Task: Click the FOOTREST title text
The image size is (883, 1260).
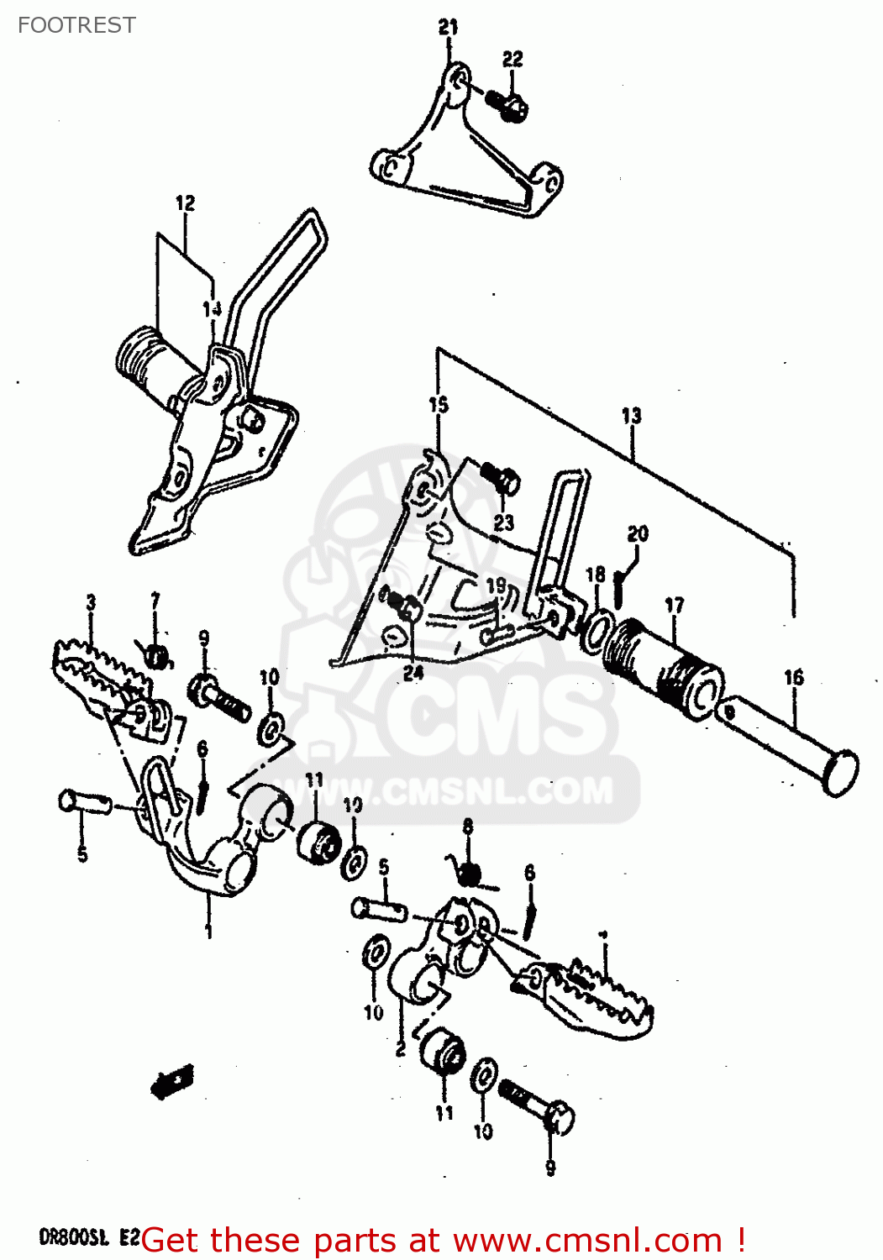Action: [76, 25]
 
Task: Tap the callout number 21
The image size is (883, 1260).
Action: [449, 27]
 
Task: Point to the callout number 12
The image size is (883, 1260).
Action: [185, 202]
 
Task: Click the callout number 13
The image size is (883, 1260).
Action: [631, 415]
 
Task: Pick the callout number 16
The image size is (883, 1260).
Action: [793, 677]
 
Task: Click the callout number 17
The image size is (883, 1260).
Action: [674, 605]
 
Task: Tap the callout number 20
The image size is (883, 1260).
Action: [638, 533]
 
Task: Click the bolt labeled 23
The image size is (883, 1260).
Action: [502, 480]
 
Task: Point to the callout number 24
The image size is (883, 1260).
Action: [413, 673]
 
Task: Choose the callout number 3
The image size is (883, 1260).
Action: [91, 601]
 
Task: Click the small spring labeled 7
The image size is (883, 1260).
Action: [157, 654]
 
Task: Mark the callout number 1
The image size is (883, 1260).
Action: [208, 931]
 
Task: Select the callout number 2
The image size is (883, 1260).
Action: [401, 1048]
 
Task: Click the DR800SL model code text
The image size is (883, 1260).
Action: [74, 1237]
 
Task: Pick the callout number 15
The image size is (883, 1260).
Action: [439, 405]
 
